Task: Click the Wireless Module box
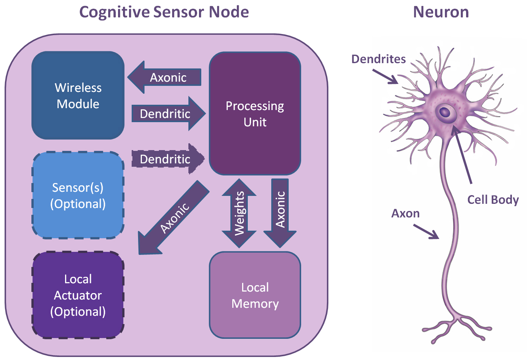[x=78, y=95]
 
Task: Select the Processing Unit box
[x=255, y=113]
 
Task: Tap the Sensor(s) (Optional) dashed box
[x=78, y=195]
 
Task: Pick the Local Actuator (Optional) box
[x=78, y=295]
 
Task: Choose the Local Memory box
[x=255, y=295]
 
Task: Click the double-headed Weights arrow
[x=239, y=213]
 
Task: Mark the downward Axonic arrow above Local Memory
[x=280, y=212]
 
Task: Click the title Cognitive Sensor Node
[x=164, y=12]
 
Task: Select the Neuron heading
[x=441, y=12]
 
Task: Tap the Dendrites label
[x=378, y=59]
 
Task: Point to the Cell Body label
[x=493, y=200]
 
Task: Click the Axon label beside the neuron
[x=405, y=213]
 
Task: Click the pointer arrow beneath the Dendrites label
[x=385, y=76]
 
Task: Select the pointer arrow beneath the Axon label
[x=426, y=231]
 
